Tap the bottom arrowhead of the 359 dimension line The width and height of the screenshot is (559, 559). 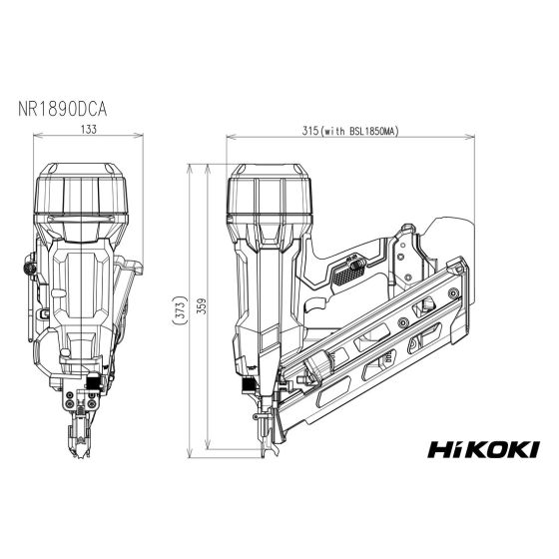208,449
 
